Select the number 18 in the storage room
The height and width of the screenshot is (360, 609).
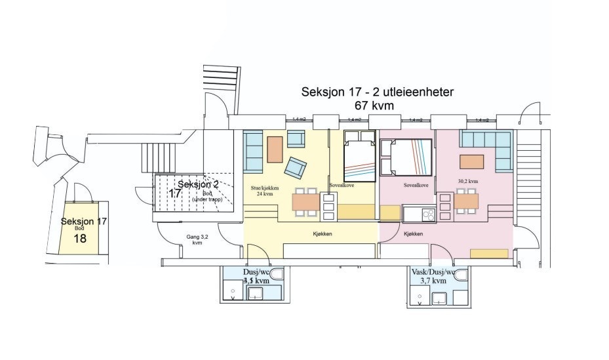(x=80, y=238)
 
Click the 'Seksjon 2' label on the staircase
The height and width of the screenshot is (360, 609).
(x=197, y=185)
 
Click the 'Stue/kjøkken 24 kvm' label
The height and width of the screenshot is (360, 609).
(x=265, y=191)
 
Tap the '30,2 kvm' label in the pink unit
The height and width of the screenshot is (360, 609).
(x=468, y=181)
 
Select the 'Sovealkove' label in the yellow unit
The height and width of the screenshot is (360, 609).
(x=342, y=186)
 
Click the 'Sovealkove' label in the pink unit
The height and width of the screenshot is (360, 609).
(x=416, y=186)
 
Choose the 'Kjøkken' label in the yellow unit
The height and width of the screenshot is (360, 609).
(x=321, y=233)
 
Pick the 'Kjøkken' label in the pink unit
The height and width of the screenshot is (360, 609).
(x=413, y=233)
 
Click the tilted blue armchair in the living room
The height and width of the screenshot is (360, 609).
(x=295, y=168)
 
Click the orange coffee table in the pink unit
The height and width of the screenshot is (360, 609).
(x=471, y=161)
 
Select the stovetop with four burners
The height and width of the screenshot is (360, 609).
(x=429, y=214)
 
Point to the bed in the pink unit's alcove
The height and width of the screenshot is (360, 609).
(x=406, y=158)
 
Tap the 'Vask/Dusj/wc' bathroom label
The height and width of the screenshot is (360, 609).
(x=433, y=272)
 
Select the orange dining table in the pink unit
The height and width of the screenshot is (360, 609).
(x=466, y=201)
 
